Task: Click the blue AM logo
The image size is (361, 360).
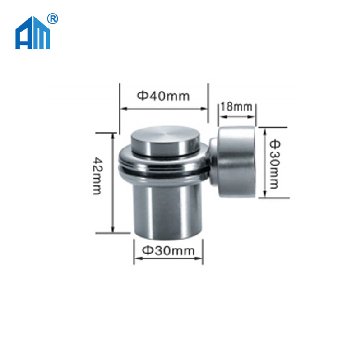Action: (32, 33)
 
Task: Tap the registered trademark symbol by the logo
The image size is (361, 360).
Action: (53, 19)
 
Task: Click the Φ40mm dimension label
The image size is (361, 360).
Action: (163, 95)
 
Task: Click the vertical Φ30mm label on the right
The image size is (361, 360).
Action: (274, 163)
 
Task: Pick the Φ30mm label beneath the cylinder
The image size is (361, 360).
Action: (168, 249)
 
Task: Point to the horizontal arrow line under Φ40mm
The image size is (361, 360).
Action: (163, 108)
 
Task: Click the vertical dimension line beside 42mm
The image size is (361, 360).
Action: (113, 182)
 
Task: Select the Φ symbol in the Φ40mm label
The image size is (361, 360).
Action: (141, 96)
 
